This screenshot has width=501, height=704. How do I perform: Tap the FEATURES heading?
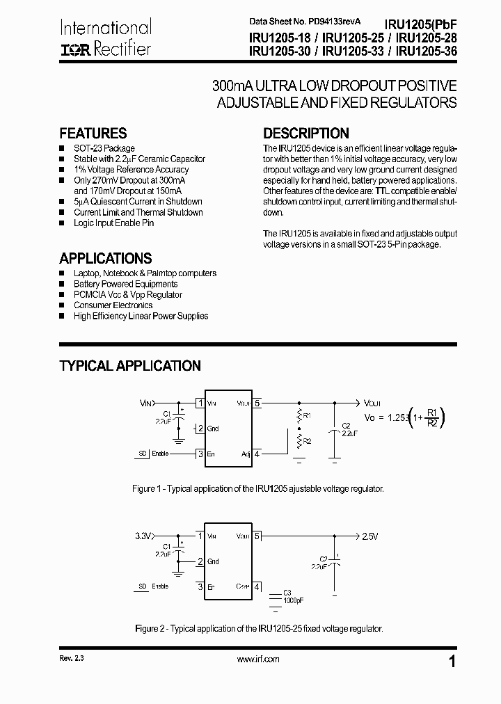coord(93,134)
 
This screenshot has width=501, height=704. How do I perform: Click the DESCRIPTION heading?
coord(305,134)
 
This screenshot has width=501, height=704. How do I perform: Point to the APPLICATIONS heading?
coord(105,258)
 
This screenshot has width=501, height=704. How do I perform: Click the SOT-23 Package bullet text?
coord(104,148)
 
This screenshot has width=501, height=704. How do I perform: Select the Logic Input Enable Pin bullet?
coord(113,223)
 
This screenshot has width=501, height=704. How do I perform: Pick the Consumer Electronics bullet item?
coord(113,305)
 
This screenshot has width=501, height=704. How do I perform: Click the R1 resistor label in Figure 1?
coord(308,415)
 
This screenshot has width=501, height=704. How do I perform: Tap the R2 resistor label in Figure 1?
coord(308,440)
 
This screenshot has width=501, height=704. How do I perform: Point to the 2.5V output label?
coord(369,536)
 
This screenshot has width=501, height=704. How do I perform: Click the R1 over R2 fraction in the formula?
coord(431,417)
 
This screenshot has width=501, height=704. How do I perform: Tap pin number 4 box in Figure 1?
coord(257,454)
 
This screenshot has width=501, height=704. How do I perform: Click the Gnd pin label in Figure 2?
coord(213,561)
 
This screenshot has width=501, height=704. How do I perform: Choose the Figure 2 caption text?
coord(258,628)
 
